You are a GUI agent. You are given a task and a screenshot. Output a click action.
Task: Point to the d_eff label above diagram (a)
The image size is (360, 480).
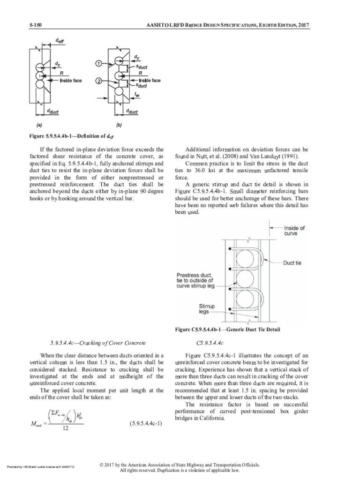60,41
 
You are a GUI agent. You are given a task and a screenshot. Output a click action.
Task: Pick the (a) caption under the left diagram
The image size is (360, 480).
39,126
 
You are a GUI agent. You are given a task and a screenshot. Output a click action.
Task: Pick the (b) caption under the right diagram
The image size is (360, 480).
119,126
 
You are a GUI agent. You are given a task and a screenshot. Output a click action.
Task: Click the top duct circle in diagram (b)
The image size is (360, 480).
119,61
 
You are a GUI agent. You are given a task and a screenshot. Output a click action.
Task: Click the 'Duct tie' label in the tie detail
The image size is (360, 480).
292,263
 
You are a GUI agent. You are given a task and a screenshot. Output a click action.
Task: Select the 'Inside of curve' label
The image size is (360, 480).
294,231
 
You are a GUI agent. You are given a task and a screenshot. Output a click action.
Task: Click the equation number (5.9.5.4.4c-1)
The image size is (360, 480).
146,424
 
